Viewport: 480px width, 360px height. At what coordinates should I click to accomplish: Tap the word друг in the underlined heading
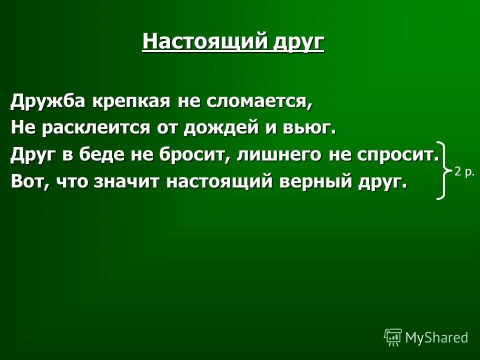298,42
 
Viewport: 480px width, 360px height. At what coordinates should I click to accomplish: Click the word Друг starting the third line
33,155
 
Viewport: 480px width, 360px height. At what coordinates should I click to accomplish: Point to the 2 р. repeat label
464,172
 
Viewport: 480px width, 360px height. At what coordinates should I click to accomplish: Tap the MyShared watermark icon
393,337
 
